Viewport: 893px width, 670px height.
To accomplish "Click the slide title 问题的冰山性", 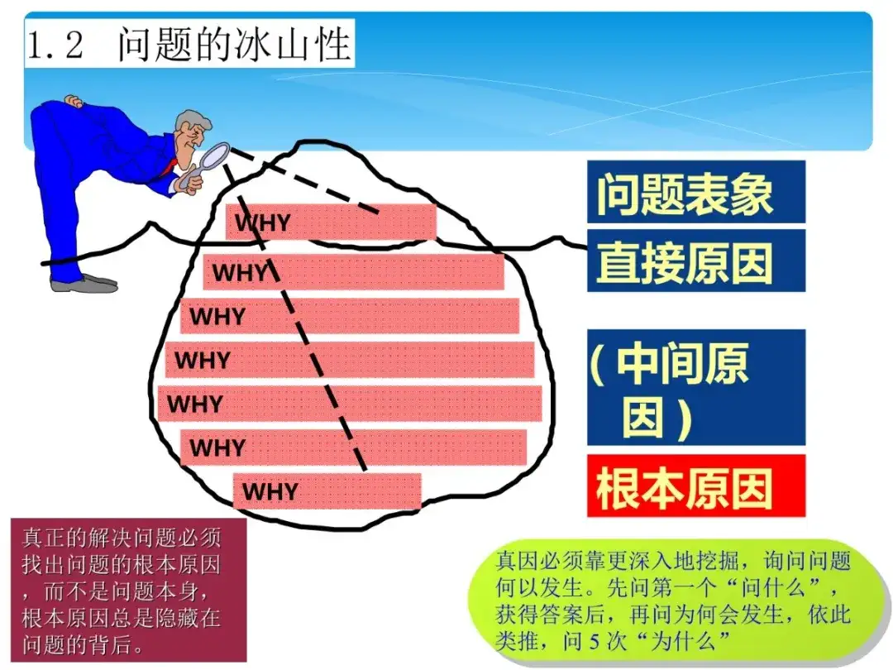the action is coord(233,45).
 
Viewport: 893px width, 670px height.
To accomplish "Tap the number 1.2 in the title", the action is coord(55,45).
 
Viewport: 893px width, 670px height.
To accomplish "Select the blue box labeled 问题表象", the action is coord(696,192).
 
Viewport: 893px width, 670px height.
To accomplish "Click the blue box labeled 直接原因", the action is coord(696,261).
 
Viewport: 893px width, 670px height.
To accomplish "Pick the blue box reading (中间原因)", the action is coord(696,387).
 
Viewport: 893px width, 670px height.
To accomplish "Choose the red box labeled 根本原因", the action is coord(696,486).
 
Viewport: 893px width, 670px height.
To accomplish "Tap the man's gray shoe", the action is coord(84,283).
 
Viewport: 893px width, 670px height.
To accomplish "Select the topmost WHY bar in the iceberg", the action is coord(331,222).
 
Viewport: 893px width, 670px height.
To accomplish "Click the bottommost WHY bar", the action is coord(327,491).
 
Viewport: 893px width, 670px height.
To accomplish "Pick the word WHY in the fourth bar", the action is coord(203,360).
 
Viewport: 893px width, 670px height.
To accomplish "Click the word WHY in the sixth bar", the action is coord(217,447).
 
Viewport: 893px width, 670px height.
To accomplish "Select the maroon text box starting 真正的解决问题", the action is coord(129,591).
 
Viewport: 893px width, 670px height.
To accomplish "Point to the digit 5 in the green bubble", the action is coord(595,642).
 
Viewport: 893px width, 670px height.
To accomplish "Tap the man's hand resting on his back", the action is coord(73,102).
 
